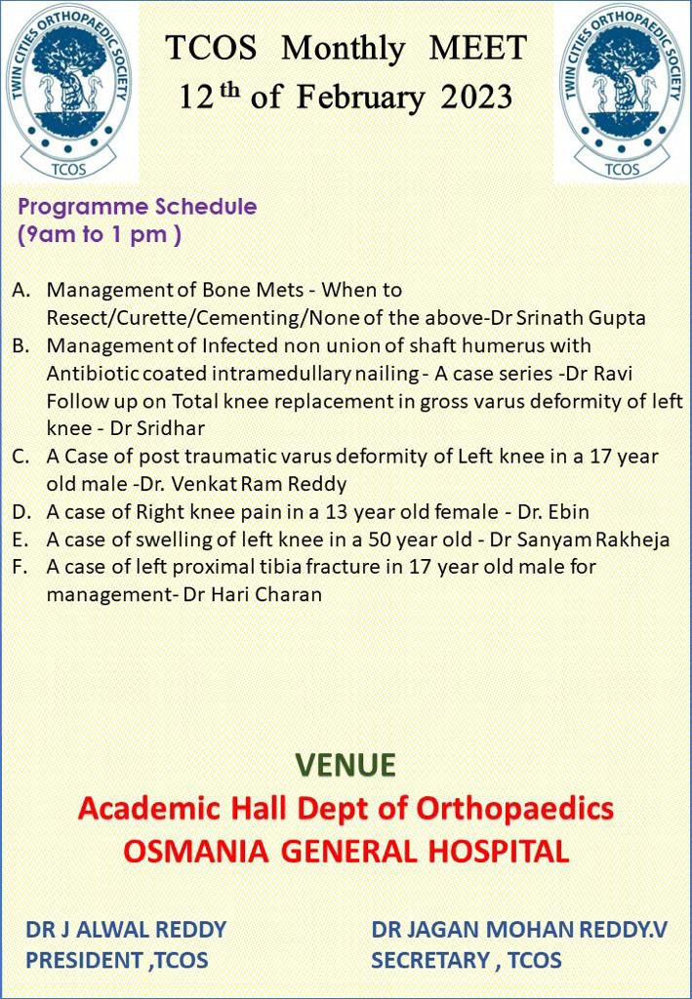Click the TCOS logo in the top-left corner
tap(68, 91)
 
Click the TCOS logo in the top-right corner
tap(622, 91)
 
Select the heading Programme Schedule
tap(138, 207)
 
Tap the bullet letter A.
tap(20, 291)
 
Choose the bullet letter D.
tap(20, 512)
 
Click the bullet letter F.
tap(20, 567)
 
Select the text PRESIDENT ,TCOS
tap(117, 960)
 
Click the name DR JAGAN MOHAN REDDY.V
tap(519, 930)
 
